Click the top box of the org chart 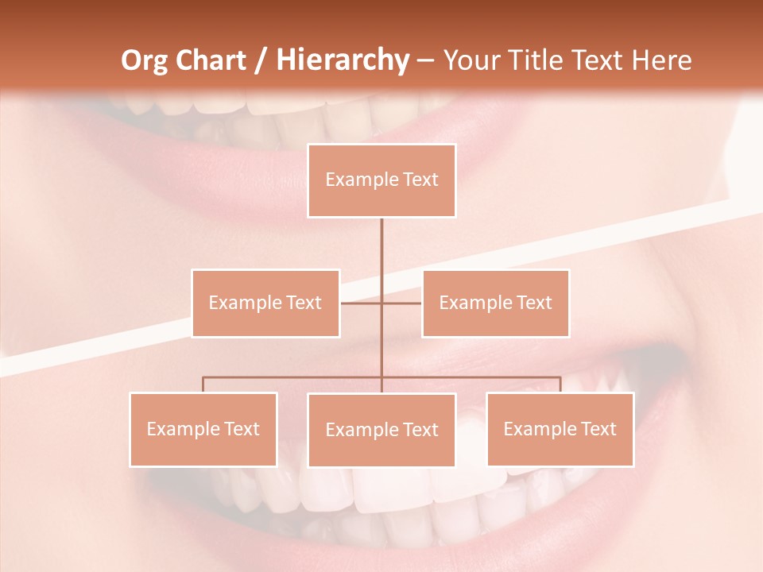(x=381, y=180)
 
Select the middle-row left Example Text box (x=265, y=303)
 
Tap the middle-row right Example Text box (x=495, y=303)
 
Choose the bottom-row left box (x=203, y=429)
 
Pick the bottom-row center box (x=381, y=430)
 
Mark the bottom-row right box (x=560, y=429)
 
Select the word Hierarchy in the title (x=342, y=60)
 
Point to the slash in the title (x=261, y=60)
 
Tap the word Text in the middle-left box (x=304, y=303)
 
